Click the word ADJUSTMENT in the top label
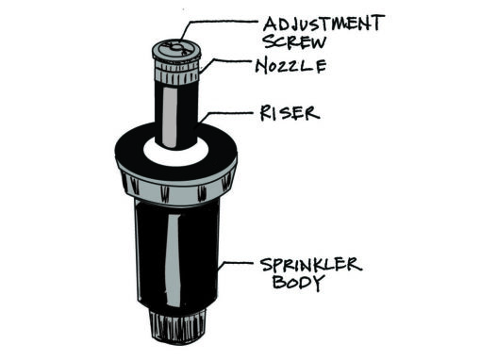click(323, 24)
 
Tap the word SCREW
click(295, 42)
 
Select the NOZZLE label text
click(290, 66)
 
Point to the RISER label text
click(290, 113)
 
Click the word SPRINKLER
click(311, 265)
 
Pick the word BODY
click(298, 282)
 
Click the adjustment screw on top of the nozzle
click(176, 48)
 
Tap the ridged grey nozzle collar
click(177, 73)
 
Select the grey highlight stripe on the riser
click(169, 117)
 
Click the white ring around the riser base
click(176, 155)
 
